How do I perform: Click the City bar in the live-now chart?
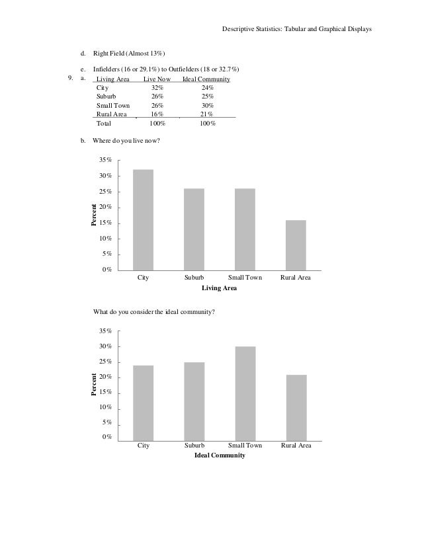143,219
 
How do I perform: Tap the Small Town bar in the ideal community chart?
245,393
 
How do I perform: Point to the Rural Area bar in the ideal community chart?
296,407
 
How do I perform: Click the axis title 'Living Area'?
219,288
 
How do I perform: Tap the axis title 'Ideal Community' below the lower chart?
220,456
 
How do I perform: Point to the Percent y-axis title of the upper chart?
94,216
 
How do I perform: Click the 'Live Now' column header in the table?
157,79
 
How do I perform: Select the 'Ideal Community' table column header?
206,79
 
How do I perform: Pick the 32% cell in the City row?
157,88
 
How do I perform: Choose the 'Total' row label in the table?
104,124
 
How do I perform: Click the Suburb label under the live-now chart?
194,278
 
